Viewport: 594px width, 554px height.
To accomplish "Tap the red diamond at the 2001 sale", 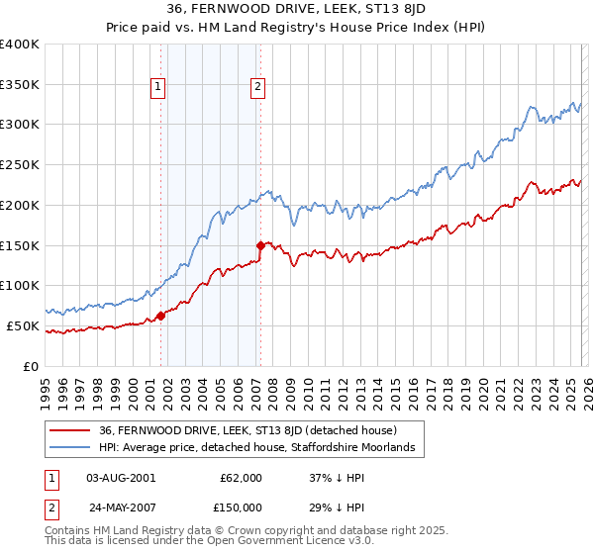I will click(160, 316).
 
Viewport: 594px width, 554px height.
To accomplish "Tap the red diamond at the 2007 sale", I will click(260, 244).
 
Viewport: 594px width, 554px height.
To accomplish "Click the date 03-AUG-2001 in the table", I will click(121, 478).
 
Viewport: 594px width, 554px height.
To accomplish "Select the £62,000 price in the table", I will click(241, 478).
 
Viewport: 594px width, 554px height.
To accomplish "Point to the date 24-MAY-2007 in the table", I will click(121, 507).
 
